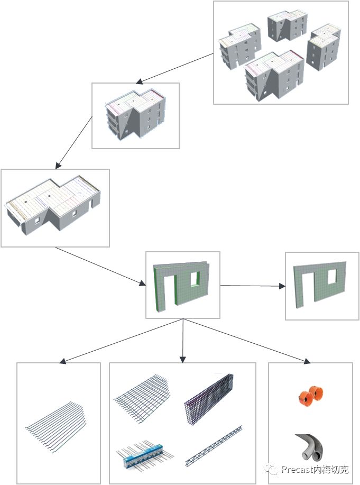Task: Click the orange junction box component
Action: point(310,396)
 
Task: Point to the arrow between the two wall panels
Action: point(253,286)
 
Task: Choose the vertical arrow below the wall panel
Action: point(182,341)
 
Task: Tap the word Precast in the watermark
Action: point(297,469)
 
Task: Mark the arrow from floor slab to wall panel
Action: point(100,267)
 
